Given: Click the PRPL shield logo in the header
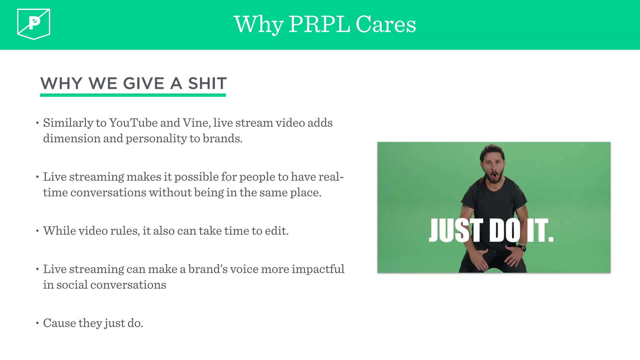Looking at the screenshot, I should click(x=34, y=24).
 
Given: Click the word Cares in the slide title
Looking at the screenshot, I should click(x=386, y=24).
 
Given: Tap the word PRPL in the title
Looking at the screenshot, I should click(x=319, y=24).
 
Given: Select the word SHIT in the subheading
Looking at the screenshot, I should click(x=207, y=83).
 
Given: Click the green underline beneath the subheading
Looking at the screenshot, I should click(x=133, y=95).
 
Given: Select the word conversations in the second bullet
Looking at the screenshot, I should click(x=108, y=192).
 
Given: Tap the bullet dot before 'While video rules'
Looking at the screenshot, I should click(x=37, y=231).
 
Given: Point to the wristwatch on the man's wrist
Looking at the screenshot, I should click(x=522, y=248).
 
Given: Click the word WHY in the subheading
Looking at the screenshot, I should click(x=61, y=83).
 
